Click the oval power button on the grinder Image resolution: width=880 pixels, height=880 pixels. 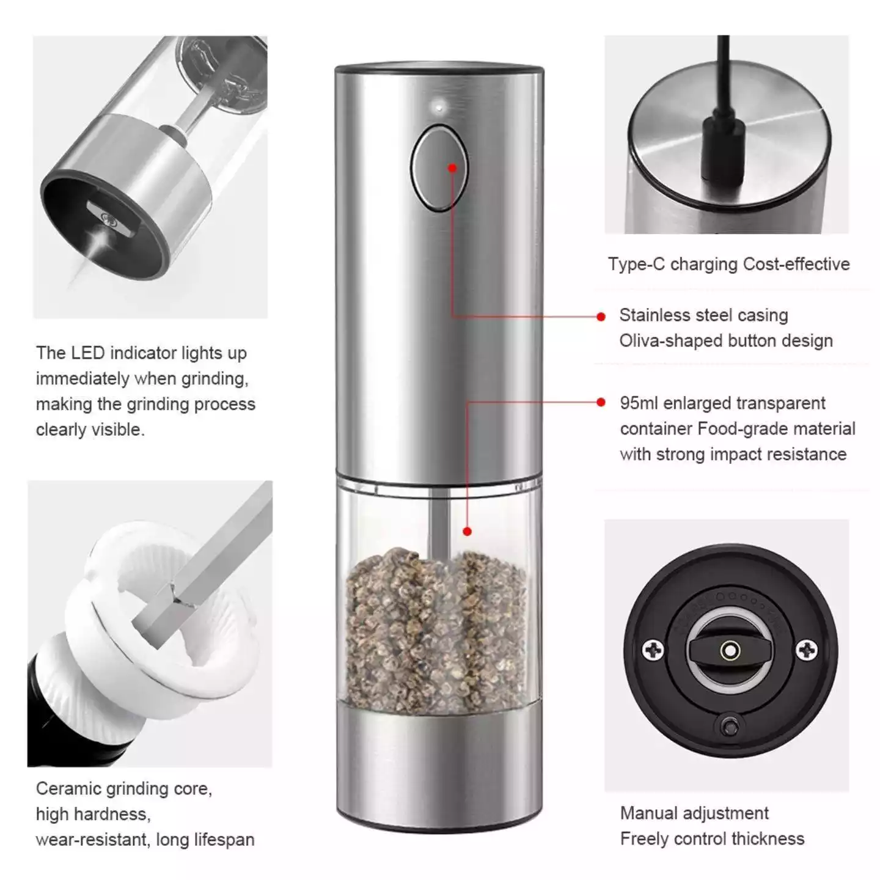click(439, 168)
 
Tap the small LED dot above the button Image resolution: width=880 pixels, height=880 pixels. click(439, 108)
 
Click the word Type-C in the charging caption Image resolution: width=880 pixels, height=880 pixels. click(636, 265)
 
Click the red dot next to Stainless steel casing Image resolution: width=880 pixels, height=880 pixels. click(601, 317)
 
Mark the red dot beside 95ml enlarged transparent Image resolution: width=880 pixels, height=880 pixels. click(601, 402)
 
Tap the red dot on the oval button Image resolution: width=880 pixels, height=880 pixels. click(452, 168)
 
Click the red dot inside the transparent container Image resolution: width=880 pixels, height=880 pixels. click(467, 531)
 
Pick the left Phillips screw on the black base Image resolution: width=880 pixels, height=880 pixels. click(653, 650)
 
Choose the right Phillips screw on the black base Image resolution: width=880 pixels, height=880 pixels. click(807, 650)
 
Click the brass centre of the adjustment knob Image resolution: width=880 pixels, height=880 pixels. click(730, 650)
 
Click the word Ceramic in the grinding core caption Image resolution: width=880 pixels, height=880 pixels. click(67, 789)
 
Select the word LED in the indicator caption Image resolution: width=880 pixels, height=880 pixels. click(87, 353)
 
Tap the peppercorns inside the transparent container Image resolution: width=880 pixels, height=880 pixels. click(436, 630)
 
